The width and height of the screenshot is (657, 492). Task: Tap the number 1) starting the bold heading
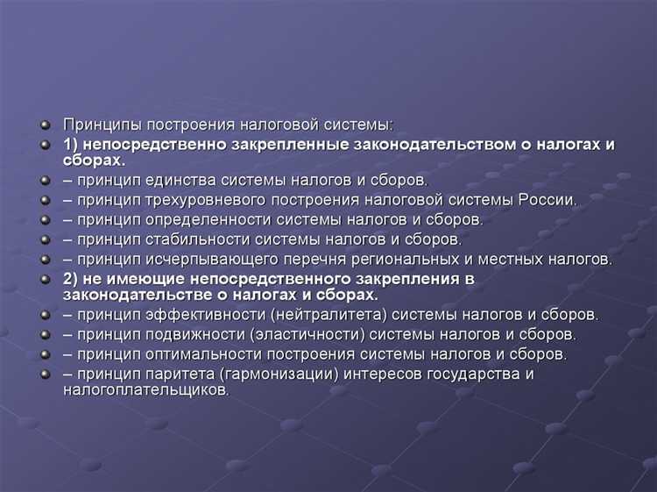(71, 144)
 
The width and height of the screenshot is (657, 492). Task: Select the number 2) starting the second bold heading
(71, 279)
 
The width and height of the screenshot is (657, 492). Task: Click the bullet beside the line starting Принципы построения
(43, 125)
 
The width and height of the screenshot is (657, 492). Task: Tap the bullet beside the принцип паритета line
(43, 374)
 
